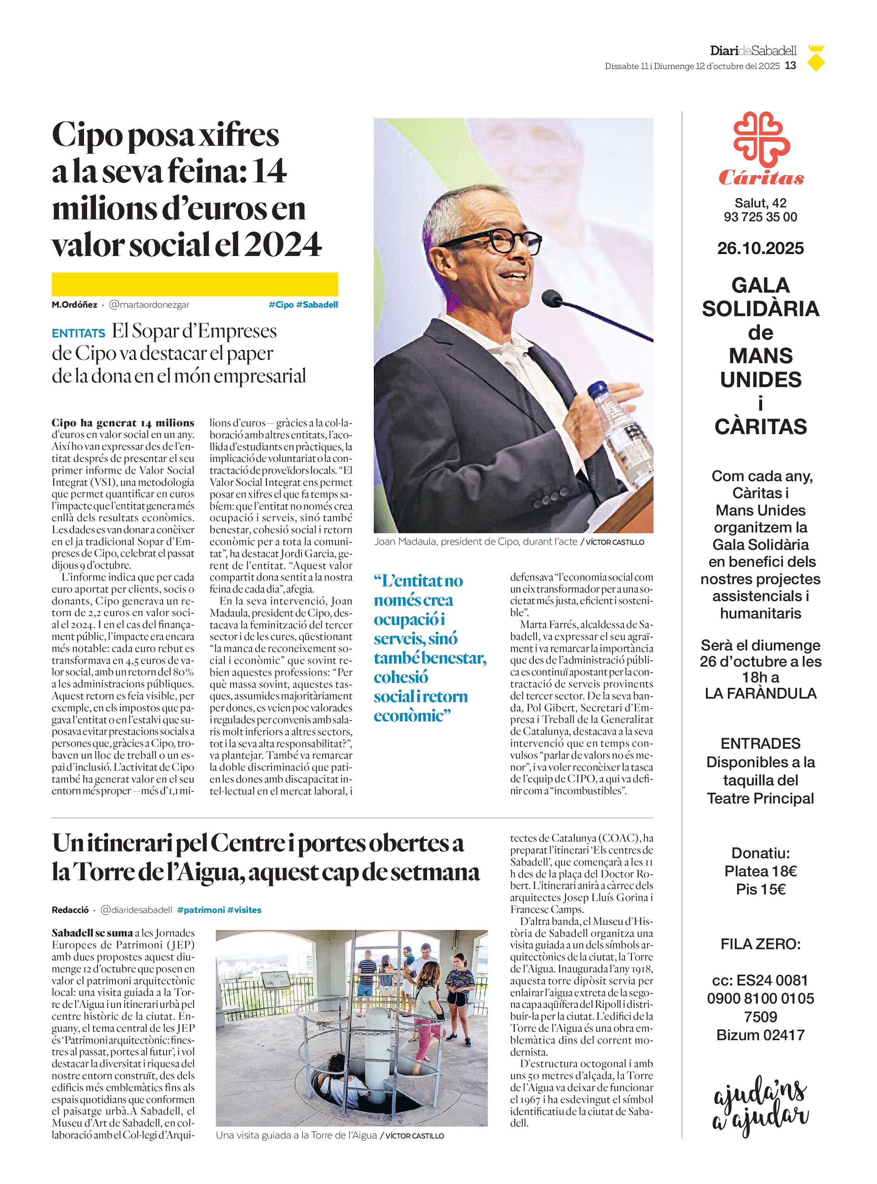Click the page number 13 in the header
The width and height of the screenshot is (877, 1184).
[x=790, y=66]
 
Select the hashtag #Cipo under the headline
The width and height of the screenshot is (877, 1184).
[x=281, y=304]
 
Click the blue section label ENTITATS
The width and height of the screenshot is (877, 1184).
[x=79, y=333]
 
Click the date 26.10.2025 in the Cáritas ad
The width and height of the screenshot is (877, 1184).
[x=760, y=248]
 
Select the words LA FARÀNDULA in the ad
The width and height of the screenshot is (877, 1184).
[x=760, y=693]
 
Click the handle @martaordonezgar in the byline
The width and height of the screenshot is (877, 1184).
[x=149, y=304]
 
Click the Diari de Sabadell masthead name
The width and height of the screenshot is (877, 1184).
[x=753, y=51]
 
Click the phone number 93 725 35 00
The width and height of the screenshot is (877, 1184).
[x=760, y=217]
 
